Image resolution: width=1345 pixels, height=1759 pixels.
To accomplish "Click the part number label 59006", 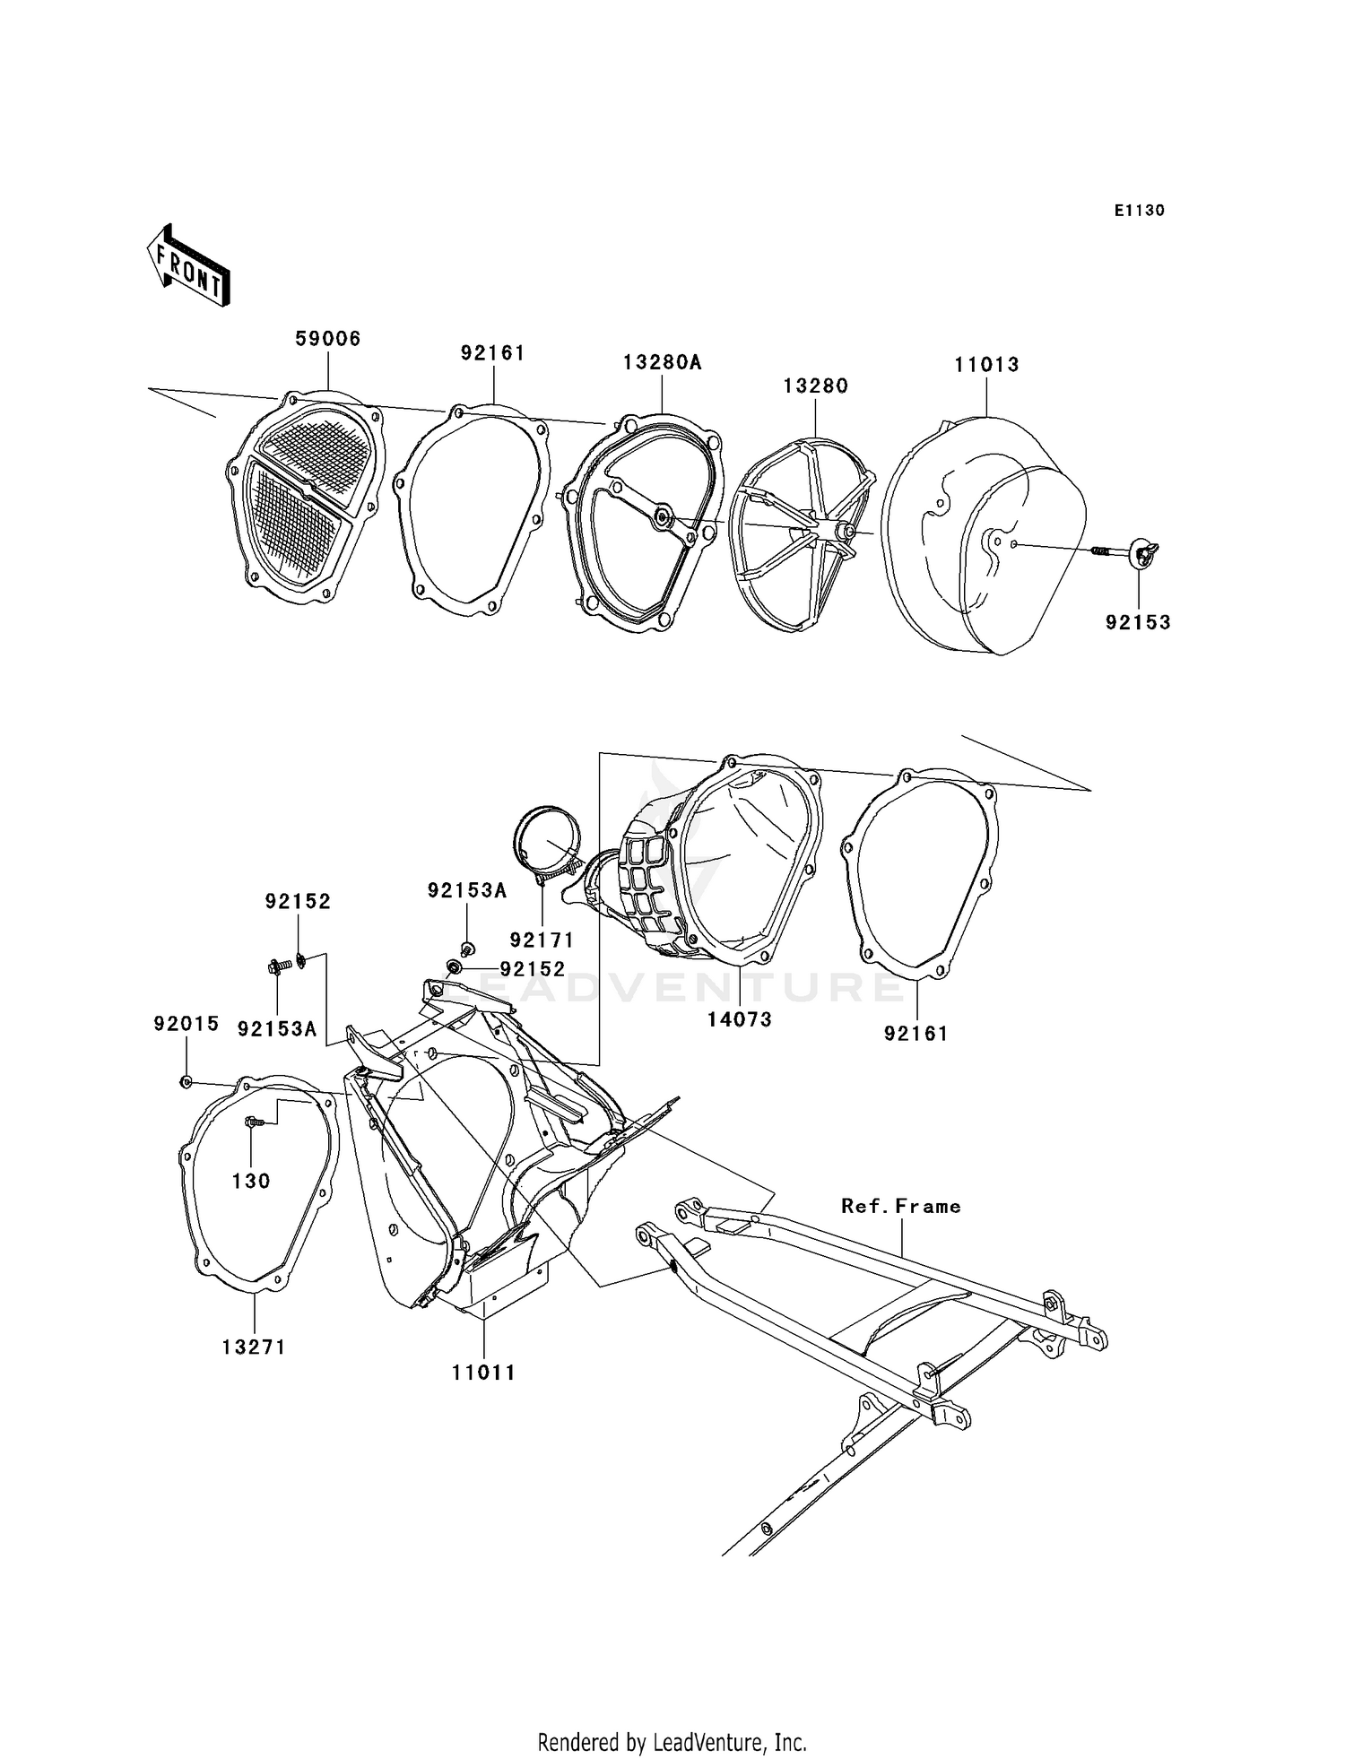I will coord(328,339).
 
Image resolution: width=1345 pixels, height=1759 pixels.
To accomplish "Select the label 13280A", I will coord(662,362).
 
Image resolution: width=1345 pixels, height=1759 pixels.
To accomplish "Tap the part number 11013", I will coord(986,365).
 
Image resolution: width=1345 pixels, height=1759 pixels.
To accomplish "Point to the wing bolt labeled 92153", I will coord(1142,552).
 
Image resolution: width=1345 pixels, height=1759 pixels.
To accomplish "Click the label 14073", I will coord(739,1019).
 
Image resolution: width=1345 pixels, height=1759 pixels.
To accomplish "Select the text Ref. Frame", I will coord(900,1207).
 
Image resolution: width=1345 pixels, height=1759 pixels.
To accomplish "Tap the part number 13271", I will coord(254,1347).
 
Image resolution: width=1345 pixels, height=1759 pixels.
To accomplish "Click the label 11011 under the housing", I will coord(483,1373).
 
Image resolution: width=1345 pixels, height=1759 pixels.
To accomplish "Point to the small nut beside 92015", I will coord(186,1082).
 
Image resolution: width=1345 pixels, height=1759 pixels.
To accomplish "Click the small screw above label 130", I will coord(252,1121).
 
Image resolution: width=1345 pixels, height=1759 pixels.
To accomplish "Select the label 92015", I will coord(186,1024).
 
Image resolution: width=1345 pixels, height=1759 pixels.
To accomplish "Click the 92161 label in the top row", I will coord(492,353).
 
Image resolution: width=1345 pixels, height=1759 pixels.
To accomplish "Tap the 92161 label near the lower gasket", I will coord(915,1034).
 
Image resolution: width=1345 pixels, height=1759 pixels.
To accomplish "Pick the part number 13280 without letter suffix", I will coord(815,386).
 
